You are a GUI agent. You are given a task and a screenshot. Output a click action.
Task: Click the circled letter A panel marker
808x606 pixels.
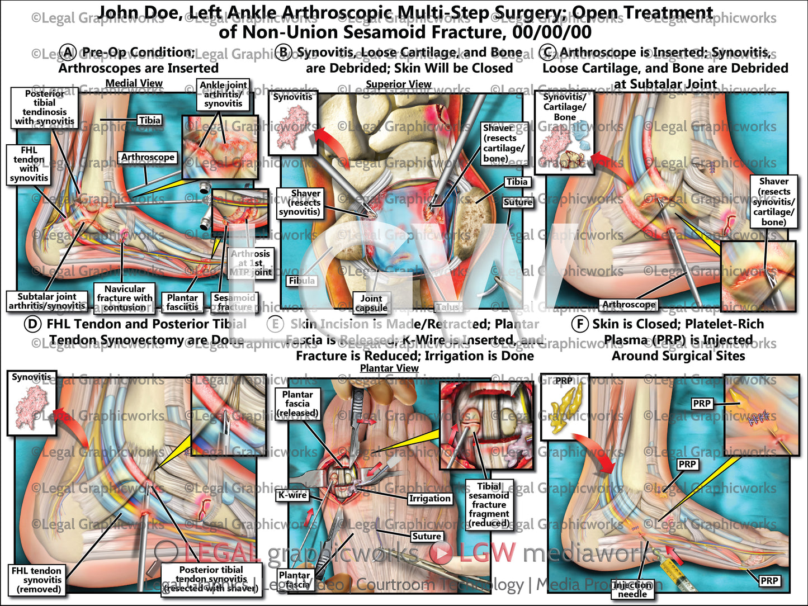point(68,53)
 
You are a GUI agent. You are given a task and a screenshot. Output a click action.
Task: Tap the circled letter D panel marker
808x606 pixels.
point(32,324)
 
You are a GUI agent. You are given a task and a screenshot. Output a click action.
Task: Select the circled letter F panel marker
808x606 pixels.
point(580,324)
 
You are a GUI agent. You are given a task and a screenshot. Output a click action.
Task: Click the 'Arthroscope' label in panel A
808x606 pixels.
point(148,158)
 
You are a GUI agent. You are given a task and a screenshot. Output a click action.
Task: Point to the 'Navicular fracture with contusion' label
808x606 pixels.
point(124,297)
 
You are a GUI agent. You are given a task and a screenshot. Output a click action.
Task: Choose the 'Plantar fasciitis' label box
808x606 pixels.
point(182,302)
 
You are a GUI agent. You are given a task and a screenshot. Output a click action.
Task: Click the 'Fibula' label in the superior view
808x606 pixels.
point(302,281)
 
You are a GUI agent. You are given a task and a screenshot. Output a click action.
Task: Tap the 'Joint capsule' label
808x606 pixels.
point(371,303)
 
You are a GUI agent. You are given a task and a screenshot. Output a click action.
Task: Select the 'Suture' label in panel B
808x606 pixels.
point(517,202)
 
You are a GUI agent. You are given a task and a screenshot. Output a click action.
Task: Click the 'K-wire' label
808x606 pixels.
point(293,495)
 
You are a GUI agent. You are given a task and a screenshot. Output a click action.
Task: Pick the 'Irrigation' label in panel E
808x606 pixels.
point(429,498)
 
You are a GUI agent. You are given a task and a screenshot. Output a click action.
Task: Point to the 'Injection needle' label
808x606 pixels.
point(632,589)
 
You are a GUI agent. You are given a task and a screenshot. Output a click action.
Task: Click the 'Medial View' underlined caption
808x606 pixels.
point(134,83)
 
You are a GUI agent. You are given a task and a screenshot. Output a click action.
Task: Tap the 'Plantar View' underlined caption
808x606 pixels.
point(389,368)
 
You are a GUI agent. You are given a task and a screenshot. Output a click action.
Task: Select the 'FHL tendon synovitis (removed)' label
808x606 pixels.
point(36,580)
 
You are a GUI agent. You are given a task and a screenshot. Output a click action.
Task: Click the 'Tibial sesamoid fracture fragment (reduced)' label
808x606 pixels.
point(489,505)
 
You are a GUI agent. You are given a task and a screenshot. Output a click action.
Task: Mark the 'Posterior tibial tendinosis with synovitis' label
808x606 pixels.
point(44,107)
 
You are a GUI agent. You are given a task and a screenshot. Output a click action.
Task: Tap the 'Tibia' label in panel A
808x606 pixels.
point(150,120)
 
